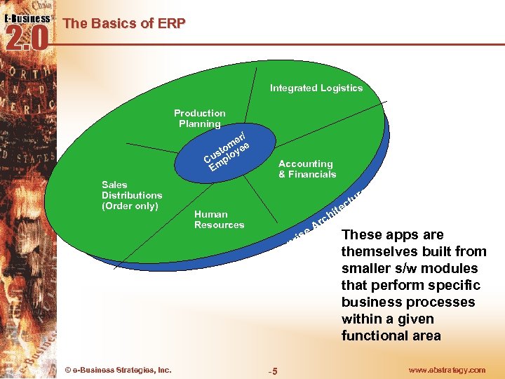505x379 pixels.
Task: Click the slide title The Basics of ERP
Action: [x=124, y=23]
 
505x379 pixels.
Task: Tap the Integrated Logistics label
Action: [x=316, y=88]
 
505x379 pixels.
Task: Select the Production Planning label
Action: [x=200, y=119]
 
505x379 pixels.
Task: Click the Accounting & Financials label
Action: [x=307, y=169]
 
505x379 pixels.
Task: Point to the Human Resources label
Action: [x=219, y=220]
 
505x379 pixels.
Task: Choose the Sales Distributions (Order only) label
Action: [x=132, y=196]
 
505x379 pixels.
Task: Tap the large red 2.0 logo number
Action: [x=27, y=38]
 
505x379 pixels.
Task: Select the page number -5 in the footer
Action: [x=273, y=371]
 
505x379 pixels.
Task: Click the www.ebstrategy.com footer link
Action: [x=447, y=370]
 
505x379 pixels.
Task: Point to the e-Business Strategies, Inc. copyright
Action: [x=117, y=370]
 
